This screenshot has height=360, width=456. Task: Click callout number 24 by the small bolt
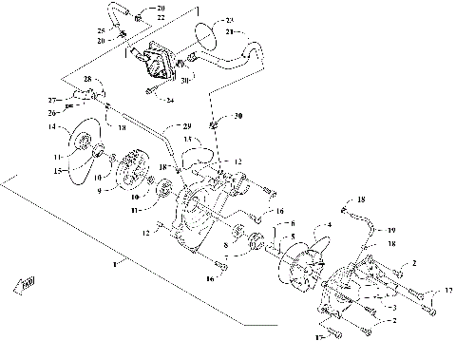[x=170, y=99]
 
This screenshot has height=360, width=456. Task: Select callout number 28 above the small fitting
[x=87, y=78]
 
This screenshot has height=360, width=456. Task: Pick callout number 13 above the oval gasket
[x=187, y=139]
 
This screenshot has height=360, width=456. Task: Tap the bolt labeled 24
[x=151, y=91]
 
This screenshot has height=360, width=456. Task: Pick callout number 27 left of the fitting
[x=54, y=98]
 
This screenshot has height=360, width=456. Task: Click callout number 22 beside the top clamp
[x=161, y=18]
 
